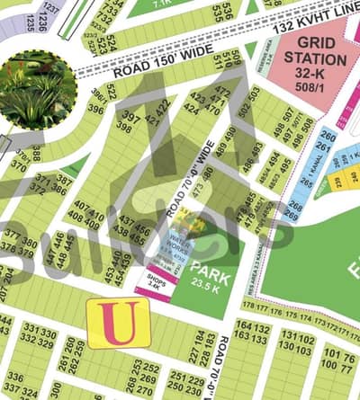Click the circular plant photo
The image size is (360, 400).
pos(36,88)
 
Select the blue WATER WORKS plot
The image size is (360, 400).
pos(184,244)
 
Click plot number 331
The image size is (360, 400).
pos(32,330)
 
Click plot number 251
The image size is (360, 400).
pos(175,377)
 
